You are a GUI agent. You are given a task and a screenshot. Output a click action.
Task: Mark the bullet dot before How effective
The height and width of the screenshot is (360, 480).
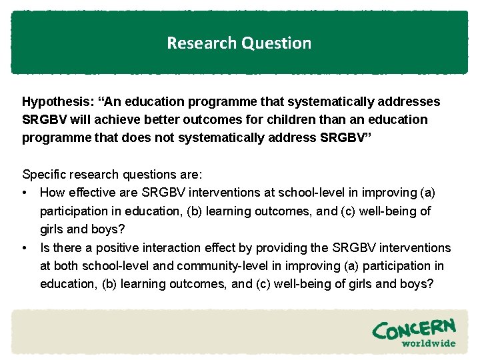pyautogui.click(x=25, y=193)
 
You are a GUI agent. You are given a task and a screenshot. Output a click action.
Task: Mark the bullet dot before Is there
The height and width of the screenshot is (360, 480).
pyautogui.click(x=25, y=248)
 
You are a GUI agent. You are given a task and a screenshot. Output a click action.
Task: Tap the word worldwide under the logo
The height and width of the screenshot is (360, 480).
pyautogui.click(x=428, y=343)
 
